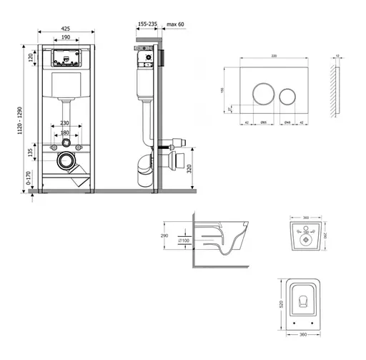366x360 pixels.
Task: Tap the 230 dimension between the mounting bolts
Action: click(x=66, y=122)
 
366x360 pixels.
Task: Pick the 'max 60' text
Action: click(x=176, y=24)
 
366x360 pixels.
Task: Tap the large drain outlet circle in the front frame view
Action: click(x=66, y=161)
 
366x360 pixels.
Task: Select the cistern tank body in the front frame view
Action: click(x=66, y=89)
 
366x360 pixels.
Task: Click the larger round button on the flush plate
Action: click(x=262, y=94)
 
